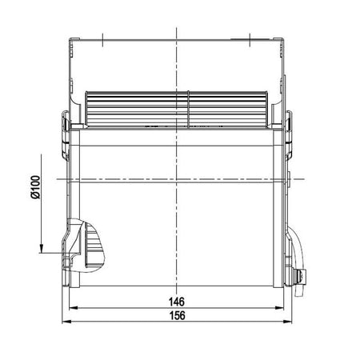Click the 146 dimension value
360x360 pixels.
coord(177,302)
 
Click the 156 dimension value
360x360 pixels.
coord(178,315)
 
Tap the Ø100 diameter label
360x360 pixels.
coord(35,187)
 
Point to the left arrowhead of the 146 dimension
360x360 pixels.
coord(74,308)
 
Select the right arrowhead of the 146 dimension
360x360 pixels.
coord(279,308)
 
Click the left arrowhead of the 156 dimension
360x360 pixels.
coord(66,322)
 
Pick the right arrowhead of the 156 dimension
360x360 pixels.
coord(287,322)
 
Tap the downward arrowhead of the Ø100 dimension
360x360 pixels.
coord(41,248)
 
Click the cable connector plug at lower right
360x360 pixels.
coord(300,275)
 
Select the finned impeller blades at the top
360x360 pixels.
coord(177,108)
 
